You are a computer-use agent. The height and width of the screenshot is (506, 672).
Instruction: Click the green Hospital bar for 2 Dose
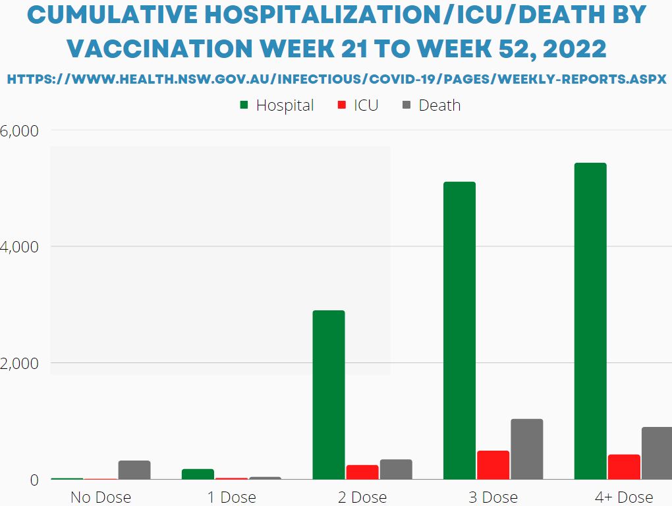[x=329, y=395]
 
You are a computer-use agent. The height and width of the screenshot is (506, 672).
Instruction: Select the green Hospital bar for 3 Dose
[x=459, y=330]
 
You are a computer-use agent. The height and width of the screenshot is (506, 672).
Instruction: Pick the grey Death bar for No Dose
[x=134, y=470]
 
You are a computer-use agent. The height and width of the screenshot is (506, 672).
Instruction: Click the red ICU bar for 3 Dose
[x=493, y=464]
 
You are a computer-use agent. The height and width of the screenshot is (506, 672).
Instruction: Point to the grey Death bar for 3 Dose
[x=527, y=449]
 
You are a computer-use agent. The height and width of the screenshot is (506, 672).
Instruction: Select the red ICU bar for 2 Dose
[x=362, y=472]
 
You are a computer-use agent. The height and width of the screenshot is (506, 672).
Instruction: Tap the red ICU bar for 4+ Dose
[x=624, y=466]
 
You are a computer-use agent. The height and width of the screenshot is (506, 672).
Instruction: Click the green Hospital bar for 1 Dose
[x=198, y=474]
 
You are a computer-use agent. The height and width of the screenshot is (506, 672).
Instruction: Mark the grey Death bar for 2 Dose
[x=396, y=469]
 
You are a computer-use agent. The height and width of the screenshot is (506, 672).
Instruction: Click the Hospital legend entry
[x=277, y=105]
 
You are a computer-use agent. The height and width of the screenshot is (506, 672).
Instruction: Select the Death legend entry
[x=432, y=105]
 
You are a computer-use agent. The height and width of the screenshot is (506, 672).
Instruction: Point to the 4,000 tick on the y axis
[x=20, y=247]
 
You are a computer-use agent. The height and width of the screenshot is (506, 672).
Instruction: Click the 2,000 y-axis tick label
[x=20, y=364]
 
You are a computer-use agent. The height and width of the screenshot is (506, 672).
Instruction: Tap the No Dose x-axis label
[x=101, y=497]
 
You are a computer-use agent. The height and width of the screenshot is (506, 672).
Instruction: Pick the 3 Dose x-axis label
[x=493, y=497]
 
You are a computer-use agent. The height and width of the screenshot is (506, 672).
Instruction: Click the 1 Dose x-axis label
[x=231, y=497]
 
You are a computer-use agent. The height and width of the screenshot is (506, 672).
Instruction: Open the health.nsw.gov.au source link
[x=336, y=79]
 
